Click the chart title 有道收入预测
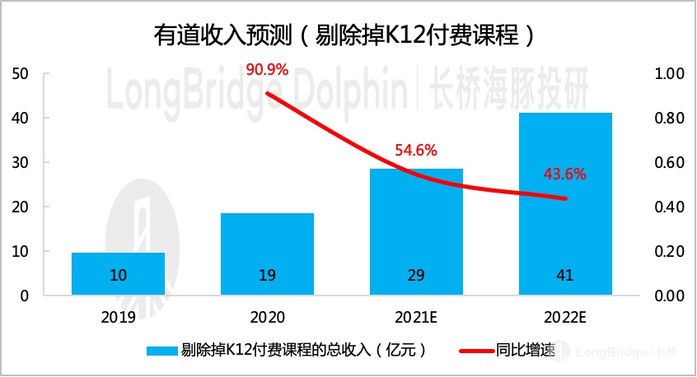point(348,34)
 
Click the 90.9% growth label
point(267,69)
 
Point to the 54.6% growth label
point(415,151)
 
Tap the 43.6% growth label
point(564,174)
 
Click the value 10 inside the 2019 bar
point(118,277)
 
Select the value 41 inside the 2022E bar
point(565,277)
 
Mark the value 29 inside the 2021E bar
point(416,277)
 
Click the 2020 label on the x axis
point(267,316)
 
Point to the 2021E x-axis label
point(416,316)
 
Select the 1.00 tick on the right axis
point(668,74)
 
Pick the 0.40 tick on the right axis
point(668,207)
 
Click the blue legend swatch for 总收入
point(162,351)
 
